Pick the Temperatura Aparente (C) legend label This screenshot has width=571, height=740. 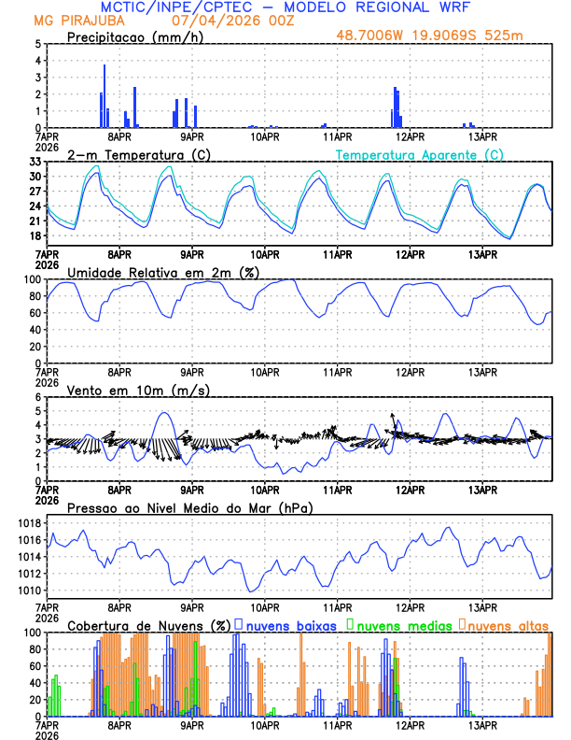pyautogui.click(x=420, y=154)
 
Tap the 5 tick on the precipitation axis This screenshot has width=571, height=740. pyautogui.click(x=37, y=44)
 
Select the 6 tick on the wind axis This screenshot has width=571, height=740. pyautogui.click(x=37, y=397)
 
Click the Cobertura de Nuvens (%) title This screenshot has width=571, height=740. pyautogui.click(x=147, y=625)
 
